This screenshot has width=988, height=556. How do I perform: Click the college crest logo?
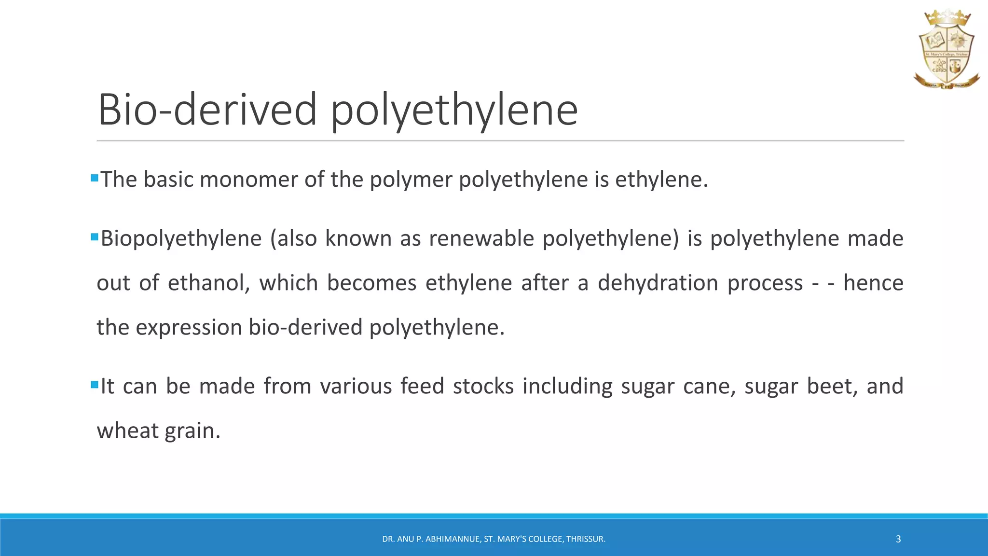click(x=946, y=50)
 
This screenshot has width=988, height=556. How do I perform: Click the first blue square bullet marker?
click(x=94, y=178)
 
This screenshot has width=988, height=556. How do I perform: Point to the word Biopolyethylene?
click(x=181, y=238)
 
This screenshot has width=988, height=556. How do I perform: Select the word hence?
click(x=873, y=283)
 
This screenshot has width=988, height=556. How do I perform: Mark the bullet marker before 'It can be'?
click(x=94, y=385)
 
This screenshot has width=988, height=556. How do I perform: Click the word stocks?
click(x=483, y=386)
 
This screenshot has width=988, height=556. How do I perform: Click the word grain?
click(x=192, y=431)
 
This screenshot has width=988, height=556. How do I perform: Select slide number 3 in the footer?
click(x=898, y=539)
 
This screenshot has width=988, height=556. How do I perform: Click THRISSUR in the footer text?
click(x=586, y=539)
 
